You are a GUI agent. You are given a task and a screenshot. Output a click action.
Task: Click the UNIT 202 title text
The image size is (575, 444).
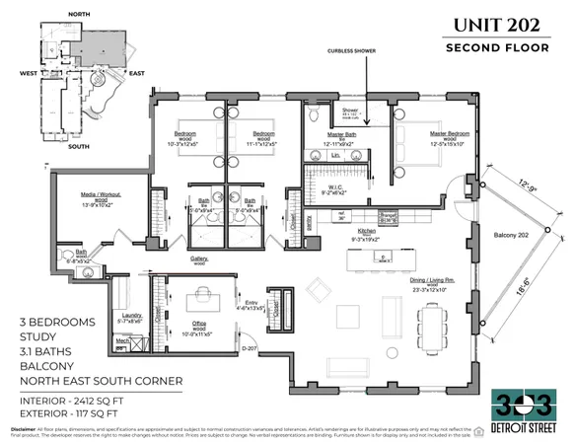(x=500, y=23)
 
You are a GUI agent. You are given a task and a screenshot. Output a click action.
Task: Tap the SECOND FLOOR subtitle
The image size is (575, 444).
(x=500, y=47)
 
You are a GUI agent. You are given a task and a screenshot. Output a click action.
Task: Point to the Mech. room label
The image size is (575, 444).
(x=123, y=341)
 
